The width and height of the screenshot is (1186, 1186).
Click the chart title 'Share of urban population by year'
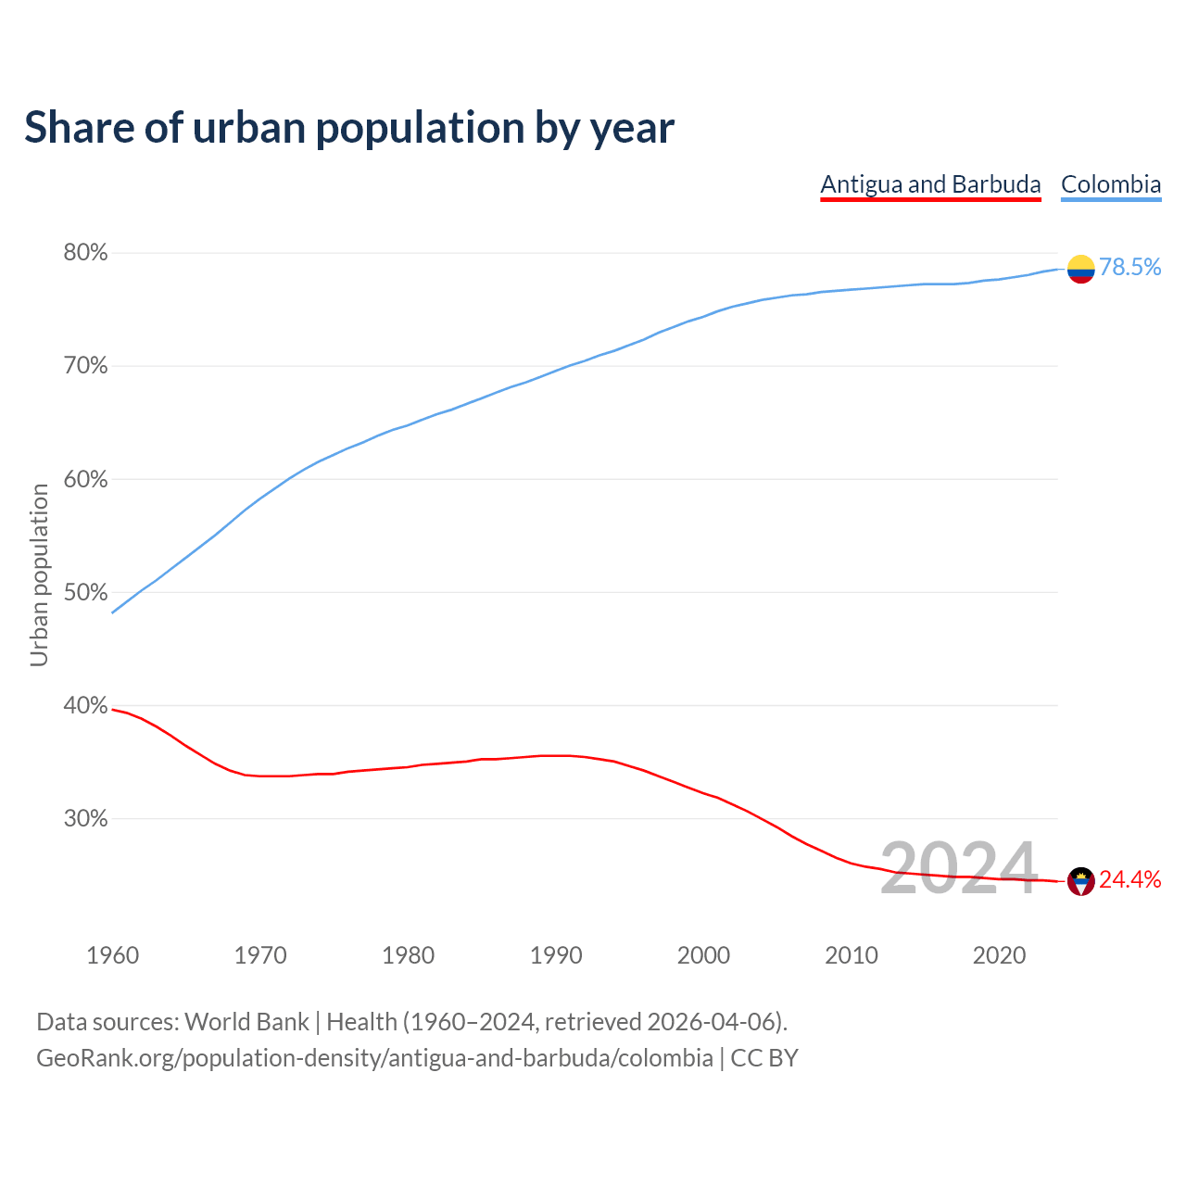coord(348,128)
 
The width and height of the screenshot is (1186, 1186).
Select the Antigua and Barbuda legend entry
coord(930,184)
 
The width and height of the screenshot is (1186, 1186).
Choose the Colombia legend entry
coord(1110,184)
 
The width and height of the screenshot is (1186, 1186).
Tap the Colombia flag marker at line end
coord(1080,269)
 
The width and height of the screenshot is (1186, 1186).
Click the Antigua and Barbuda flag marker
coord(1080,881)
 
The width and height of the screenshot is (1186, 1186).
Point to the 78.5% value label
coord(1129,268)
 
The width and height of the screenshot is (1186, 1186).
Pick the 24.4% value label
coord(1129,880)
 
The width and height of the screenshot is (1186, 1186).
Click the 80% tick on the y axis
coord(85,253)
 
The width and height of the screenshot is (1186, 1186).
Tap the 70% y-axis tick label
coord(85,366)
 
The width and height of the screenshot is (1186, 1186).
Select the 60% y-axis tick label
coord(85,480)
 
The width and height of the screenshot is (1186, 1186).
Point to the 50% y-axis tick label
coord(85,593)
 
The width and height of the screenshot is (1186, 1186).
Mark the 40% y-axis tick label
coord(85,706)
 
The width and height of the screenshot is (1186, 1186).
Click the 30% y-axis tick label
coord(85,819)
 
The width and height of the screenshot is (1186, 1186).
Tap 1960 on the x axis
coord(113,955)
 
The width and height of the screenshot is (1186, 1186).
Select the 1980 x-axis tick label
coord(409,955)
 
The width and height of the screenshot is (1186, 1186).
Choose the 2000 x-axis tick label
coord(704,955)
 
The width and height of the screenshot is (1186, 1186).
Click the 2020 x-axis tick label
coord(999,955)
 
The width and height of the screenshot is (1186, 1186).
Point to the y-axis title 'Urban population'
coord(39,574)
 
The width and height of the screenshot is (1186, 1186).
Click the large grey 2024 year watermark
coord(958,868)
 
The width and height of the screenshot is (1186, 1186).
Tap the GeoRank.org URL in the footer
coord(374,1058)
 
